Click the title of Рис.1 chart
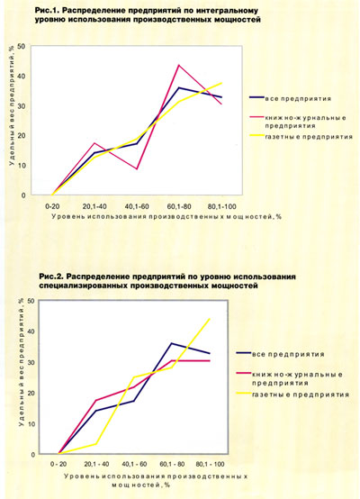pyautogui.click(x=148, y=15)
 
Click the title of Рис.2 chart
pyautogui.click(x=167, y=281)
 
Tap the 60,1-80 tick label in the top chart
pyautogui.click(x=179, y=206)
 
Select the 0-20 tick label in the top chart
pyautogui.click(x=52, y=206)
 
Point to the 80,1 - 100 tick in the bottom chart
pyautogui.click(x=211, y=464)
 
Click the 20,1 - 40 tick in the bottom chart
pyautogui.click(x=96, y=464)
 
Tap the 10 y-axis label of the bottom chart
pyautogui.click(x=31, y=424)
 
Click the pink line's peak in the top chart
pyautogui.click(x=179, y=65)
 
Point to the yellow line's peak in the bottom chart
pyautogui.click(x=210, y=319)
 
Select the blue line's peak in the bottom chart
pyautogui.click(x=172, y=343)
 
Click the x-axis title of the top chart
pyautogui.click(x=166, y=217)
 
